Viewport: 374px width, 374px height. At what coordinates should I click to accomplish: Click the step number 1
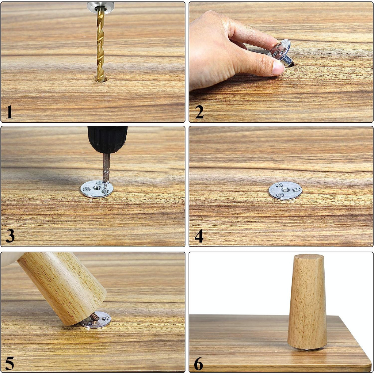click(9, 112)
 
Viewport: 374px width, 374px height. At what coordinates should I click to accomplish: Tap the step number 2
click(199, 112)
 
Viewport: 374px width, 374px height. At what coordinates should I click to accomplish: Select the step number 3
click(10, 236)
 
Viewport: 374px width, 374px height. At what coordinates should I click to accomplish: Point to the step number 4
click(199, 236)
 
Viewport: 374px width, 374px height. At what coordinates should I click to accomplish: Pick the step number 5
click(9, 363)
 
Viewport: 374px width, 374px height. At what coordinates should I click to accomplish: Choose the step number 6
click(198, 363)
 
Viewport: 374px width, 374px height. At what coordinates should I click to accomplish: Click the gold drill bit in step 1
click(101, 44)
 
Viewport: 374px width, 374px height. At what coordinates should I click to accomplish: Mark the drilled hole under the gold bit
click(102, 79)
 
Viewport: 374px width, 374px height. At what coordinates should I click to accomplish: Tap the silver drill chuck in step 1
click(100, 6)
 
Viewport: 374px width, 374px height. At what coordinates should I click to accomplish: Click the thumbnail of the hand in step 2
click(278, 67)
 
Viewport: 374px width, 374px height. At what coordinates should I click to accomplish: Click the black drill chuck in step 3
click(107, 140)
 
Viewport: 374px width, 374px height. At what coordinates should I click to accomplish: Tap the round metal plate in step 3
click(97, 189)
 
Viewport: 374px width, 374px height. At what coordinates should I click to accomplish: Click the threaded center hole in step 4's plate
click(285, 190)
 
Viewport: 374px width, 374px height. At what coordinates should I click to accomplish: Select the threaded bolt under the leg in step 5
click(95, 317)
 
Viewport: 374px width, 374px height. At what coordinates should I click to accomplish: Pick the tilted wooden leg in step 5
click(62, 288)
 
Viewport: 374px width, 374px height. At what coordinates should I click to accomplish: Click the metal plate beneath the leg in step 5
click(96, 320)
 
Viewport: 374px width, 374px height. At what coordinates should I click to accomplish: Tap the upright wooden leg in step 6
click(307, 302)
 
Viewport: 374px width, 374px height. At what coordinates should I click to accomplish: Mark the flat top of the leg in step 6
click(309, 257)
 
